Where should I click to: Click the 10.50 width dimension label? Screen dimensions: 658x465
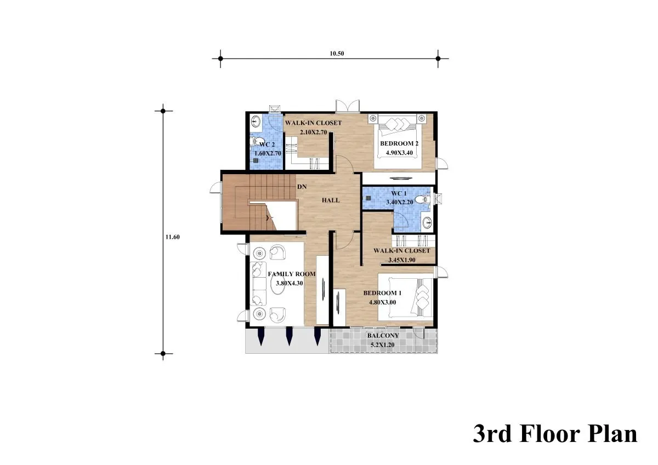pos(337,53)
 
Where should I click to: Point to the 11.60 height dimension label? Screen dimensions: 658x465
pos(172,237)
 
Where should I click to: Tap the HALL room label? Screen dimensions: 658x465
pos(331,200)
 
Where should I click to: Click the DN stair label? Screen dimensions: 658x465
pos(302,187)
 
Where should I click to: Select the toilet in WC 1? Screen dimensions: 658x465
pos(422,199)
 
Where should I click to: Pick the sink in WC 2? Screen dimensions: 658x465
pos(257,121)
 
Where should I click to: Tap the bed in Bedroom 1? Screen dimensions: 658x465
pos(405,297)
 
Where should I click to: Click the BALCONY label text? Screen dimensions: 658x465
pos(383,335)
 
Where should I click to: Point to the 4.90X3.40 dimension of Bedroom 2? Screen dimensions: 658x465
pos(399,153)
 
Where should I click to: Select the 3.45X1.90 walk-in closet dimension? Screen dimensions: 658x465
pos(401,260)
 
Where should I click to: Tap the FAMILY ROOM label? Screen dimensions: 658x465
pos(292,274)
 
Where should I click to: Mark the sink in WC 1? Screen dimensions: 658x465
pos(427,223)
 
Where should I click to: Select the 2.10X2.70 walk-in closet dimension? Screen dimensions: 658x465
pos(313,132)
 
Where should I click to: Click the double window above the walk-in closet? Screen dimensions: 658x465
pos(348,106)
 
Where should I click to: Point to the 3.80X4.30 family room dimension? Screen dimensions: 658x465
pos(290,283)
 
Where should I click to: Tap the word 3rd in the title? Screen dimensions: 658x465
pos(493,435)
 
